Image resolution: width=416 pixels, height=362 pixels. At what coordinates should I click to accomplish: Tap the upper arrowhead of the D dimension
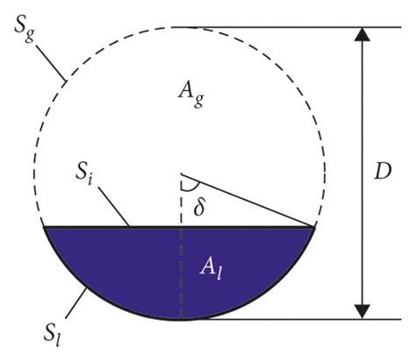358,37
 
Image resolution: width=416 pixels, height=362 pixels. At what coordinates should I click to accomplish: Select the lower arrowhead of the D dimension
358,309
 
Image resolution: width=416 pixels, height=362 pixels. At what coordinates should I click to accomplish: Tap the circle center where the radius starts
181,173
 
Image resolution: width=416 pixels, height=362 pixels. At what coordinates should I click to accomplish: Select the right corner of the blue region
314,228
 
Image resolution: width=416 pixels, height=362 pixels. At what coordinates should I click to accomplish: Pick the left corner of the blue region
45,228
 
